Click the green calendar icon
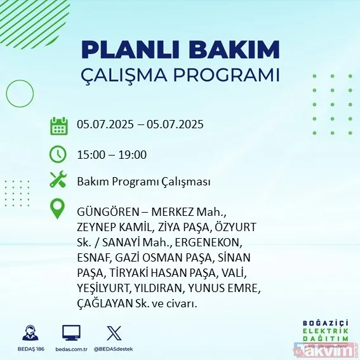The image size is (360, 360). (x=58, y=126)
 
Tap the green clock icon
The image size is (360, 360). (x=58, y=154)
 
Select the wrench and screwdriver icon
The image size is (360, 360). (x=58, y=181)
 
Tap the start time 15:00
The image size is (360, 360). (x=90, y=154)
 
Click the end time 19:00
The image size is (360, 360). (x=133, y=154)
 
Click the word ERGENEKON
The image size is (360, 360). (x=213, y=243)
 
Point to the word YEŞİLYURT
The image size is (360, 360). (x=103, y=288)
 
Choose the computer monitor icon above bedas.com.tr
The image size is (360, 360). (x=71, y=333)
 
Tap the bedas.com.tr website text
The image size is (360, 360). (x=71, y=350)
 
